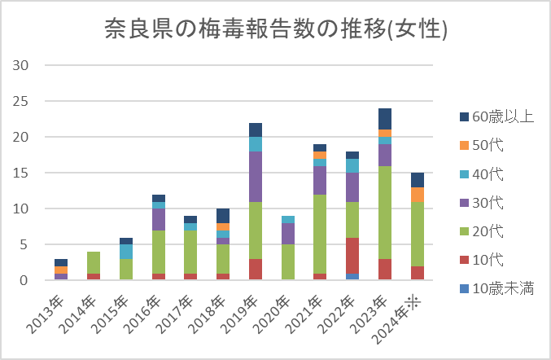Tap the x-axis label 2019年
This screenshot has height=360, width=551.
coord(244,314)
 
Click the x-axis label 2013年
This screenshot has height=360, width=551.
coord(49,314)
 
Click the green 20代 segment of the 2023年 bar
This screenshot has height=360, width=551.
coord(385,213)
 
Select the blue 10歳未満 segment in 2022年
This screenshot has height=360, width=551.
coord(352,277)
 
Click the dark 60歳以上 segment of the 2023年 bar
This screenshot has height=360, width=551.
coord(385,119)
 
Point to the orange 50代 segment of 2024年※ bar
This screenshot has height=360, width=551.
coord(417,195)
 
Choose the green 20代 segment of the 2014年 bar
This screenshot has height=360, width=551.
coord(94,262)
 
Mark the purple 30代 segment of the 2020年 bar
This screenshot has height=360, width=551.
coord(288,234)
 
